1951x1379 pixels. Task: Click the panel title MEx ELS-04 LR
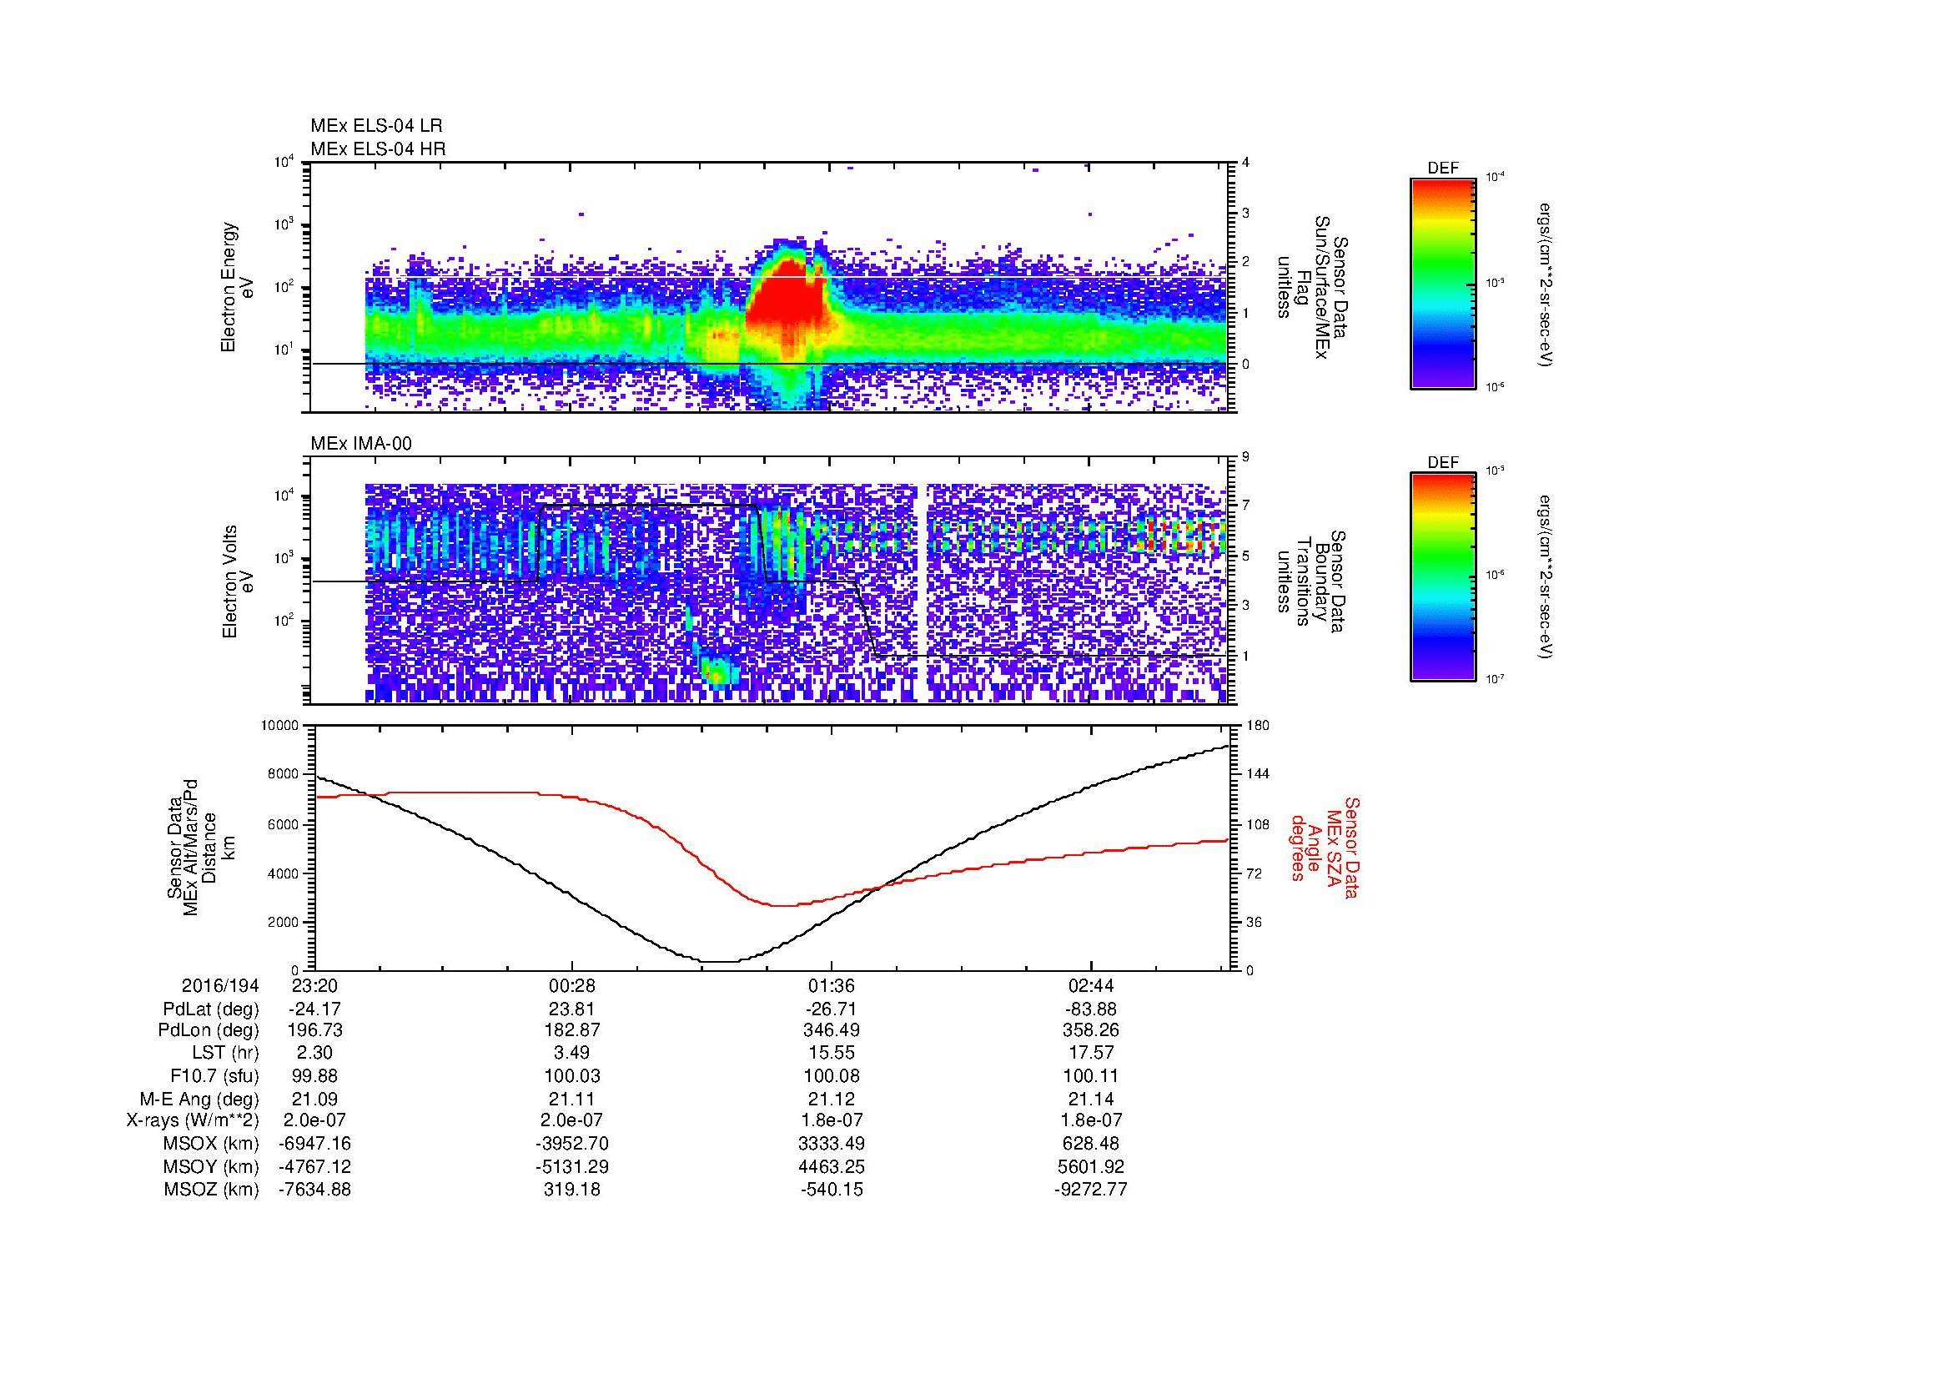tap(376, 126)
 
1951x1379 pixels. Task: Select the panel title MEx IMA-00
tap(361, 444)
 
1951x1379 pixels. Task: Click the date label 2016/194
tap(220, 985)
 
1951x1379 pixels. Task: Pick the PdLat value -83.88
tap(1090, 1009)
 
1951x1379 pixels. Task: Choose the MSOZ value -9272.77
tap(1090, 1190)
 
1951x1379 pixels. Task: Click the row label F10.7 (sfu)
tap(214, 1075)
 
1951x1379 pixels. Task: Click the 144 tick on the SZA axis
tap(1258, 774)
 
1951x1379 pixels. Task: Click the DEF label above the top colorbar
tap(1442, 169)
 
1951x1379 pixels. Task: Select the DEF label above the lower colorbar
tap(1442, 462)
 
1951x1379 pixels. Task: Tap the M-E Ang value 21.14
tap(1090, 1099)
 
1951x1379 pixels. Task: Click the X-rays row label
tap(192, 1120)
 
